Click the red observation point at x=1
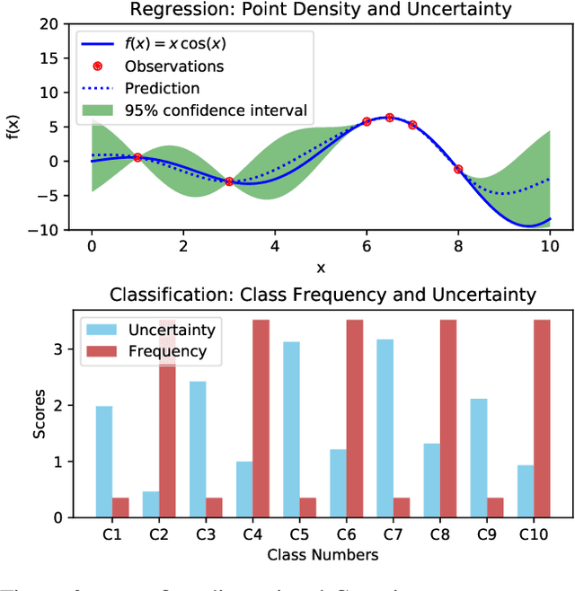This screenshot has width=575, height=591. coord(137,157)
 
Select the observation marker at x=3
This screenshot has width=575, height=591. coord(229,181)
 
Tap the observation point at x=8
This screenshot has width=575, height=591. coord(458,169)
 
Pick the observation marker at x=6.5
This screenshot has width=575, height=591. coord(389,118)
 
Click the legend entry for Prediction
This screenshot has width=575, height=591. coord(162,89)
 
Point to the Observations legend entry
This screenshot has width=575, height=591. coord(174,66)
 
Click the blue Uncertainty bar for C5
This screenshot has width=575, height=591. coord(291,429)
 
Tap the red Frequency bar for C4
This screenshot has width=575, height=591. coord(261,419)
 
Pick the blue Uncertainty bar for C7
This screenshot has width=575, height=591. coord(385,428)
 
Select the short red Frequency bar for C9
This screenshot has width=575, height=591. coord(494,507)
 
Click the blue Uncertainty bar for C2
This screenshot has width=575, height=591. coord(151,505)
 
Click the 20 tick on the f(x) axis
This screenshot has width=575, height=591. coord(59,24)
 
